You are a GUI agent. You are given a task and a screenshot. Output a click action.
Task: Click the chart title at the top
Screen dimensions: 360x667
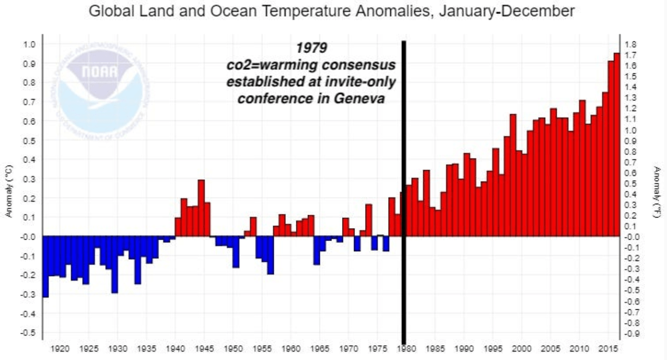tap(331, 11)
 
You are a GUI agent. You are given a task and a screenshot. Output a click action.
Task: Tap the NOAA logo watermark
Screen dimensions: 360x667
tap(100, 90)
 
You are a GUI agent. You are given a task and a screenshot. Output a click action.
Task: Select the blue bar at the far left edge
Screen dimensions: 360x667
tap(45, 267)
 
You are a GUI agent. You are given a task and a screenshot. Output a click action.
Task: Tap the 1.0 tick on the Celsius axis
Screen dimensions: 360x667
tap(30, 44)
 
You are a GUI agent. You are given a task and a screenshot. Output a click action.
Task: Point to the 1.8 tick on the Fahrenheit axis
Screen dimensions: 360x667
tap(631, 44)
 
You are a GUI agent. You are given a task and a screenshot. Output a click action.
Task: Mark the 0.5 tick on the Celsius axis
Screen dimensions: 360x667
tap(30, 141)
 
